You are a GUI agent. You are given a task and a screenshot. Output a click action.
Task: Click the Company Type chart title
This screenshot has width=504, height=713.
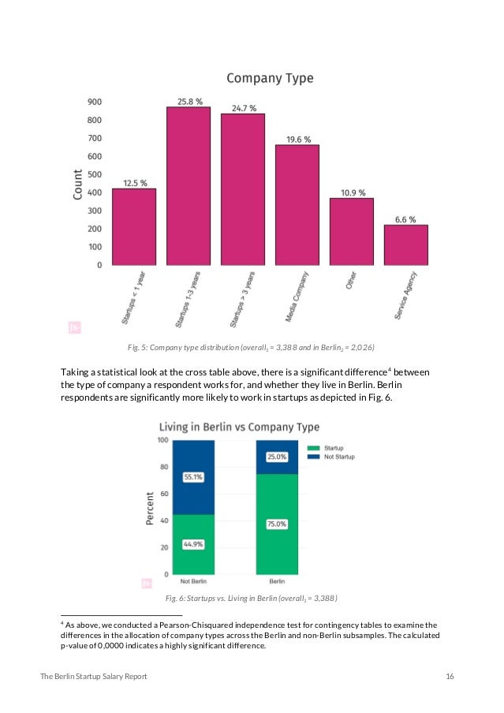[x=270, y=78]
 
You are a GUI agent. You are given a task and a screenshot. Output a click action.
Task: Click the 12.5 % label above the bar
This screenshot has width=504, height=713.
[x=133, y=183]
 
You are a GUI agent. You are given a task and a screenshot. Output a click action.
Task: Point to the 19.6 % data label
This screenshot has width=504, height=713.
[x=297, y=139]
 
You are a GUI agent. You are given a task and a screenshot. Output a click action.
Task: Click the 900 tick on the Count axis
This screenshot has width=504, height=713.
[x=94, y=102]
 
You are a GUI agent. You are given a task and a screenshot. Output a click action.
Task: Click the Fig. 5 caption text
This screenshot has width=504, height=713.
[x=252, y=347]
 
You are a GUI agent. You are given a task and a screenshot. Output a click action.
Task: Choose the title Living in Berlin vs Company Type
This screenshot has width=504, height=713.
[x=240, y=427]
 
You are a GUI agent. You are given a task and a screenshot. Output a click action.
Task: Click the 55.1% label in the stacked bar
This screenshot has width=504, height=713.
[x=193, y=477]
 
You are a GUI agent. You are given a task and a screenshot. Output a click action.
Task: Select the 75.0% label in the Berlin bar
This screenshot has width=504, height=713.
[x=276, y=524]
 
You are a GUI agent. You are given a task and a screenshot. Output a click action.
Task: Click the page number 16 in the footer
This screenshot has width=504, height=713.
[x=450, y=678]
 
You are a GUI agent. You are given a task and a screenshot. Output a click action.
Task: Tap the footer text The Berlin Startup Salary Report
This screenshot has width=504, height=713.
[x=93, y=678]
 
